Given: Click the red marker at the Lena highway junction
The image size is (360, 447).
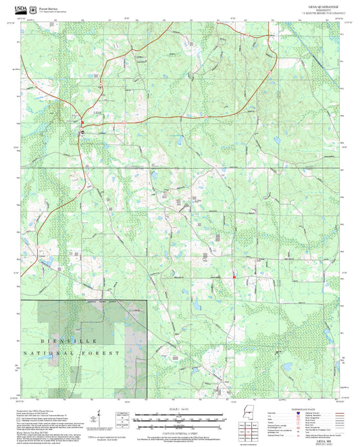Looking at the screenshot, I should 83,122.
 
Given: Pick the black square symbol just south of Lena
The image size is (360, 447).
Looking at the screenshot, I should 83,133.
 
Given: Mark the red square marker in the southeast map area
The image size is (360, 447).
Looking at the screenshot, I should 234,275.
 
